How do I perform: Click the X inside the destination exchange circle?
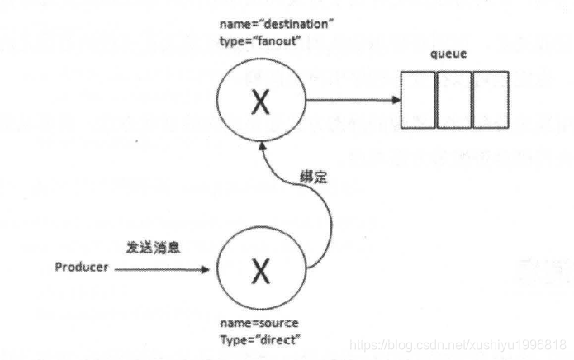click(x=260, y=103)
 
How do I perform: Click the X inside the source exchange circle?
click(x=260, y=269)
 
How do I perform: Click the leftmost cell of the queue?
click(x=419, y=101)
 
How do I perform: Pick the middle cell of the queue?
click(x=454, y=101)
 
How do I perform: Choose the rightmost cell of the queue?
click(x=491, y=101)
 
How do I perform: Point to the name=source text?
click(x=259, y=323)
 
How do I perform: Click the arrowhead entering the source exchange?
click(x=209, y=269)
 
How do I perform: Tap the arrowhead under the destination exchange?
click(x=262, y=146)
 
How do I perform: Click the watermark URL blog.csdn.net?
click(x=458, y=343)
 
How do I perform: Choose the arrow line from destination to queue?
click(x=347, y=101)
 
